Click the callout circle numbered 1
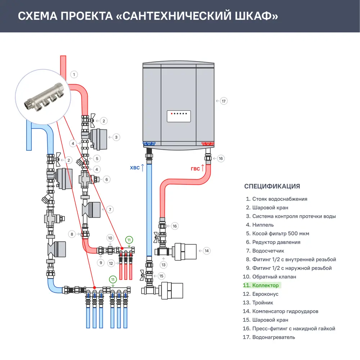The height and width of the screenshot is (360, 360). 73,75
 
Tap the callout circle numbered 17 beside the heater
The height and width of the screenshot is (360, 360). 224,101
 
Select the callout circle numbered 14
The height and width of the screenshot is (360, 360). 206,251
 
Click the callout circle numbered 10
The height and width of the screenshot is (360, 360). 111,238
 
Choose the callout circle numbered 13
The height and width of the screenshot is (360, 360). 164,265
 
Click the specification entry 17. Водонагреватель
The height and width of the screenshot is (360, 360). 270,337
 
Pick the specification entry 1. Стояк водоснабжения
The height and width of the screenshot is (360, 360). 276,199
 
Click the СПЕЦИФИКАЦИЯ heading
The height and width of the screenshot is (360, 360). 272,186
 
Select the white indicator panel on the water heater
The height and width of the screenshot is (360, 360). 178,116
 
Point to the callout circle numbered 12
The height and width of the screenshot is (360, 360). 111,263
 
